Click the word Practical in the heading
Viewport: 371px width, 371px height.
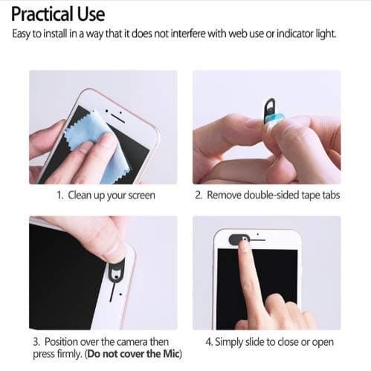click(x=42, y=14)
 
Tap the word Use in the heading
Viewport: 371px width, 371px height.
click(x=91, y=14)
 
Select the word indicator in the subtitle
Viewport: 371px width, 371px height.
click(x=294, y=33)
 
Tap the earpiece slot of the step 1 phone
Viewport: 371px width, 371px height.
click(x=117, y=118)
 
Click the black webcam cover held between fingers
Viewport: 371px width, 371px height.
click(x=270, y=108)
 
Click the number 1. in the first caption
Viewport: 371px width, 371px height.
click(x=60, y=196)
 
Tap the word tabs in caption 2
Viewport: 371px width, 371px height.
click(x=331, y=195)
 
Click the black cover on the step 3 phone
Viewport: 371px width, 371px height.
click(x=116, y=271)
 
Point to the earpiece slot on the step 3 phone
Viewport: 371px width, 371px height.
click(x=112, y=292)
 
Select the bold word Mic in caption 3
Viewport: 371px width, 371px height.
click(x=171, y=354)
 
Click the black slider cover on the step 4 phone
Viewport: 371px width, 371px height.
click(x=239, y=239)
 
